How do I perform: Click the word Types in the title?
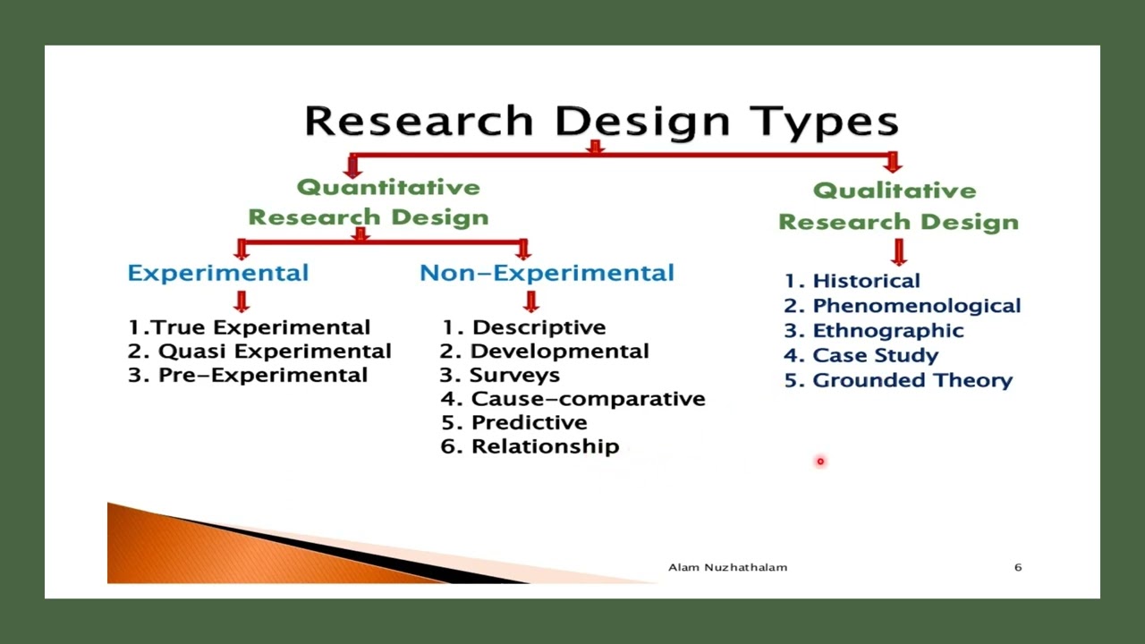pyautogui.click(x=823, y=122)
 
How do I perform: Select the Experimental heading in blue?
pyautogui.click(x=217, y=273)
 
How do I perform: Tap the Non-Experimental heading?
pyautogui.click(x=547, y=273)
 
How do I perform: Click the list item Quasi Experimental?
pyautogui.click(x=259, y=352)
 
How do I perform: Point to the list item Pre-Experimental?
pyautogui.click(x=248, y=376)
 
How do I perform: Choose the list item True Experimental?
pyautogui.click(x=249, y=327)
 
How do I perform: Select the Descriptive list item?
pyautogui.click(x=524, y=327)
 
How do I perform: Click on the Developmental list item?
pyautogui.click(x=545, y=352)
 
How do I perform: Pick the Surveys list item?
pyautogui.click(x=500, y=376)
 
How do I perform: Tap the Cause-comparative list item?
pyautogui.click(x=573, y=399)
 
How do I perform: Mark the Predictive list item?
pyautogui.click(x=514, y=422)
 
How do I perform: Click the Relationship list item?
pyautogui.click(x=530, y=446)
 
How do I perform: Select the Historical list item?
pyautogui.click(x=852, y=281)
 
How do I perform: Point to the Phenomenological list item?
pyautogui.click(x=903, y=306)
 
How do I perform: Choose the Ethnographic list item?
pyautogui.click(x=874, y=331)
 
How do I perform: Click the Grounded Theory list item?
pyautogui.click(x=898, y=380)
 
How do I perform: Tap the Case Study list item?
pyautogui.click(x=861, y=355)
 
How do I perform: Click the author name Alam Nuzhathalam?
pyautogui.click(x=727, y=567)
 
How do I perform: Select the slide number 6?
pyautogui.click(x=1018, y=567)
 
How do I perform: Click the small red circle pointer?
pyautogui.click(x=819, y=462)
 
